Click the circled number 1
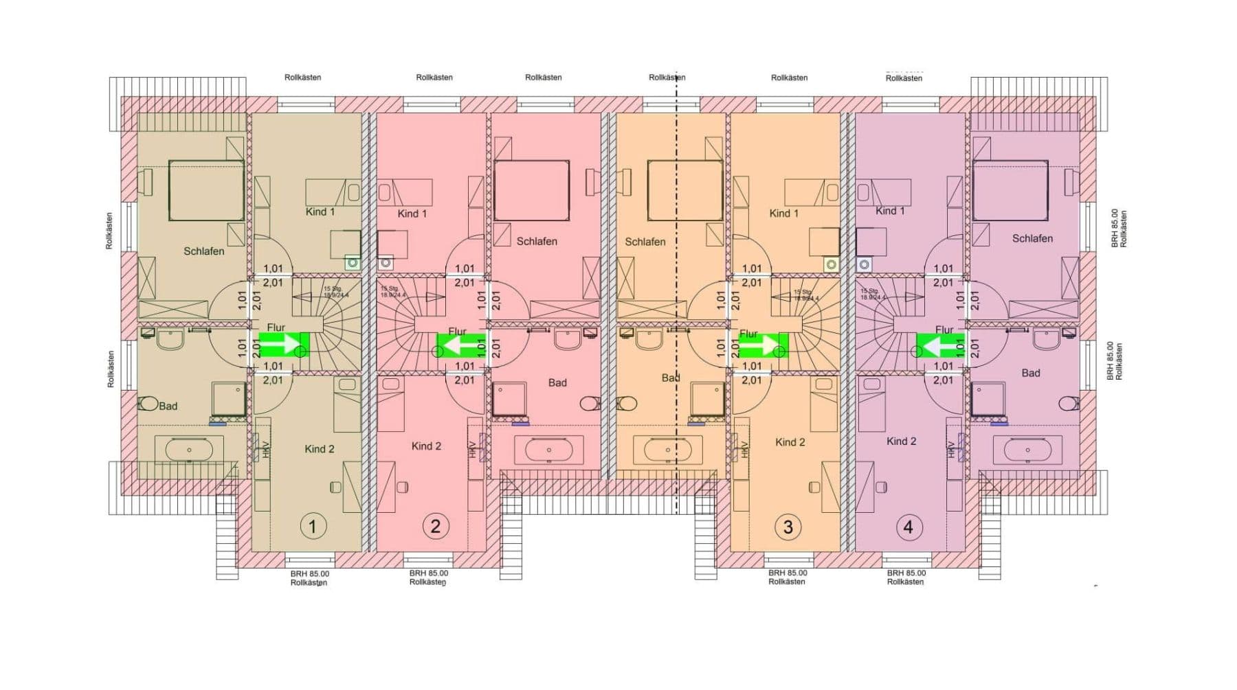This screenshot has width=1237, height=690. pyautogui.click(x=313, y=527)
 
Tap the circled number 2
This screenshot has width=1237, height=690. pyautogui.click(x=435, y=527)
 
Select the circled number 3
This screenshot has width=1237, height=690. pyautogui.click(x=788, y=527)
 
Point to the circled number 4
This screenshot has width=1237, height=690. pyautogui.click(x=909, y=527)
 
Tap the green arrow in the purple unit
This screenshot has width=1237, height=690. pyautogui.click(x=939, y=345)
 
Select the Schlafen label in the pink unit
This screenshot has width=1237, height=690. pyautogui.click(x=537, y=242)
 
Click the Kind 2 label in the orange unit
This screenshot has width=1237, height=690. pyautogui.click(x=790, y=442)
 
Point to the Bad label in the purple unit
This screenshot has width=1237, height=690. pyautogui.click(x=1030, y=373)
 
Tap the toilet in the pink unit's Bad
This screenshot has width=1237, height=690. pyautogui.click(x=590, y=402)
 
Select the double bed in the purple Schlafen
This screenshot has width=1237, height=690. pyautogui.click(x=1010, y=191)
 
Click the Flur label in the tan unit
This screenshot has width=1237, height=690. pyautogui.click(x=276, y=328)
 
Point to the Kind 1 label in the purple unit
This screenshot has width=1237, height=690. pyautogui.click(x=890, y=211)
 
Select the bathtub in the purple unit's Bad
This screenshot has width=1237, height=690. pyautogui.click(x=1023, y=451)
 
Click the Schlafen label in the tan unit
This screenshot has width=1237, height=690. pyautogui.click(x=203, y=251)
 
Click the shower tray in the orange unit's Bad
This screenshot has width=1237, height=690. pyautogui.click(x=707, y=400)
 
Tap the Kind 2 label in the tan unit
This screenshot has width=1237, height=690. pyautogui.click(x=320, y=449)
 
